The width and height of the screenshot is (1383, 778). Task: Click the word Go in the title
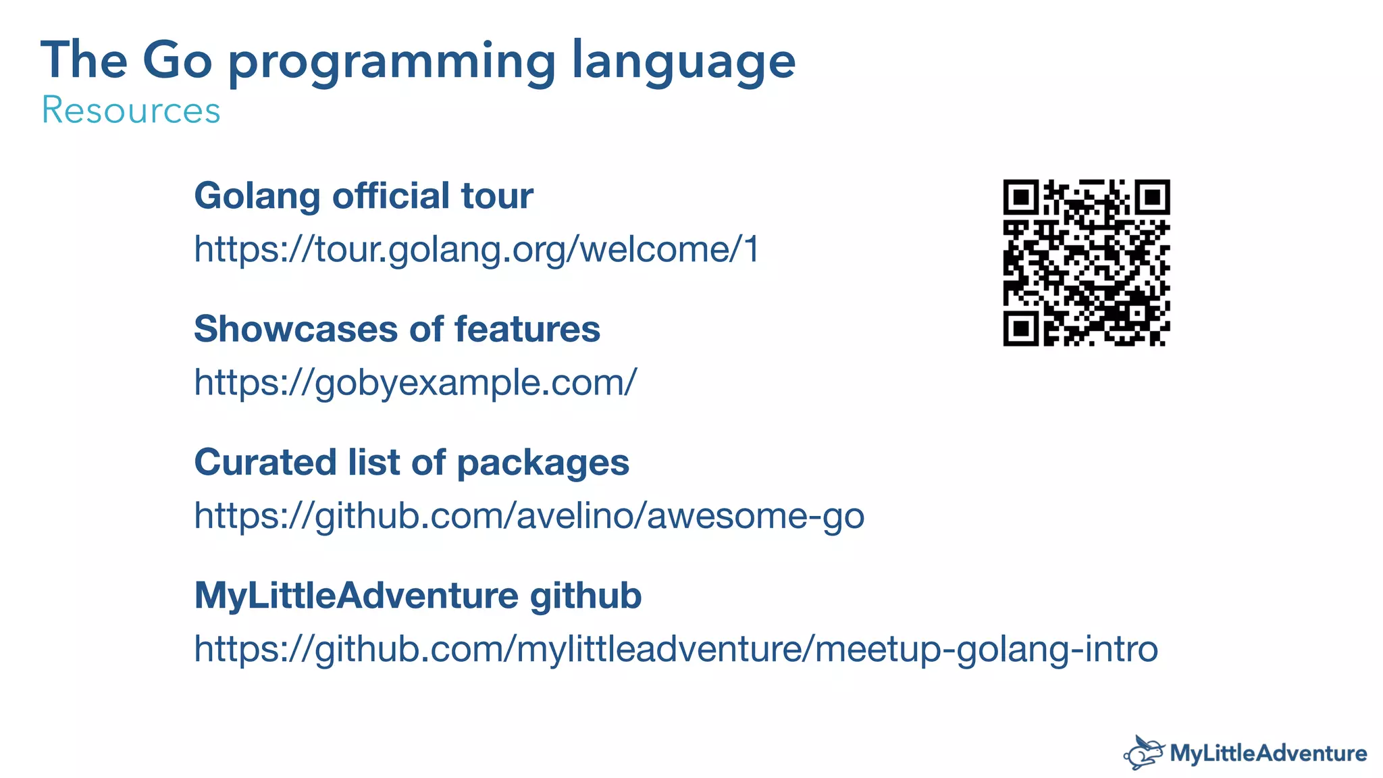click(x=177, y=61)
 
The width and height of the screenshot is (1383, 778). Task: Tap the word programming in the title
click(x=392, y=62)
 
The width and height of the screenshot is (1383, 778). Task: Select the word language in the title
click(x=683, y=62)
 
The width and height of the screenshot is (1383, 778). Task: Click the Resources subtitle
click(x=131, y=110)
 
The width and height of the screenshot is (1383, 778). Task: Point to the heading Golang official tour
click(x=363, y=196)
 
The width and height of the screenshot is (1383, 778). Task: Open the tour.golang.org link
click(x=477, y=249)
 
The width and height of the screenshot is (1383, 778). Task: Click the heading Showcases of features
click(x=397, y=330)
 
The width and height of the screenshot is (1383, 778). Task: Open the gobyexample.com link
click(x=415, y=383)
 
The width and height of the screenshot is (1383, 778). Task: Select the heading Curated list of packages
click(x=411, y=463)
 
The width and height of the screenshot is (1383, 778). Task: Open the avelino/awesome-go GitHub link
click(x=529, y=516)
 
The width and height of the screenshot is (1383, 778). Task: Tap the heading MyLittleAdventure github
click(x=417, y=596)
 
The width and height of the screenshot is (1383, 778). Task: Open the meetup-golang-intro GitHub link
click(x=676, y=649)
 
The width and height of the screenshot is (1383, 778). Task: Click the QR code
click(x=1086, y=263)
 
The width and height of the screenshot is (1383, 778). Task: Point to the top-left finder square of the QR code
click(x=1021, y=197)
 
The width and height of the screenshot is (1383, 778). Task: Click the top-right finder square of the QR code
click(x=1152, y=197)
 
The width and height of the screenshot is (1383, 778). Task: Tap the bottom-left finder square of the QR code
click(x=1021, y=329)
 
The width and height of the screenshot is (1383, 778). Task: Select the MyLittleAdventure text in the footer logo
click(x=1268, y=753)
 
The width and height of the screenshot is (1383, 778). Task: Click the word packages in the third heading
click(x=543, y=464)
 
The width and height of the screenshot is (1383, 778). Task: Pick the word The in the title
click(x=84, y=61)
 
